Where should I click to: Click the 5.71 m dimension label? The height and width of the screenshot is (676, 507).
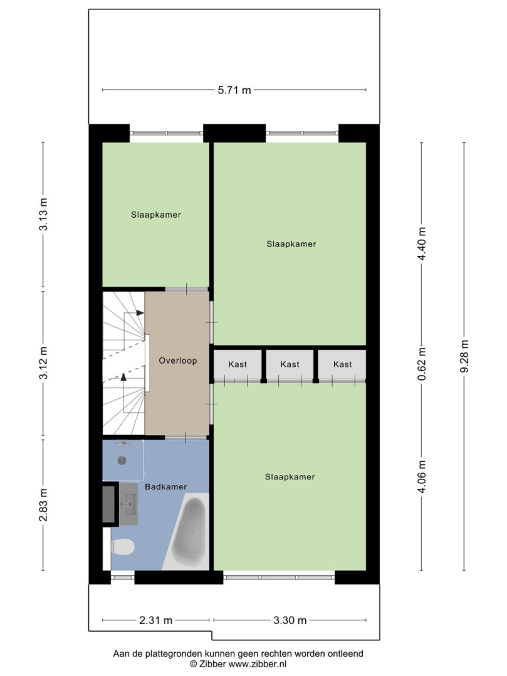pos(234,90)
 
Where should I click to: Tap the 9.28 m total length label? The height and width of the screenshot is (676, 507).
pos(464,356)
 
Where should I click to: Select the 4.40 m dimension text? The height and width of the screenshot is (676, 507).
pos(422,243)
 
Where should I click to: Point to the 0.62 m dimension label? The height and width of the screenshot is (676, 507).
pos(422,364)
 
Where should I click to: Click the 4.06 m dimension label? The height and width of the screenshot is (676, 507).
pos(422,476)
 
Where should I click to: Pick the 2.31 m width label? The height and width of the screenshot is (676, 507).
pos(155,620)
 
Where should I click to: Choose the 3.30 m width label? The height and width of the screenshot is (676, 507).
pos(290,620)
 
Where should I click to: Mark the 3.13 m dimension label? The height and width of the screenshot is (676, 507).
pos(44,214)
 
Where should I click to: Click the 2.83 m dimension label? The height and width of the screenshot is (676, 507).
pos(44,505)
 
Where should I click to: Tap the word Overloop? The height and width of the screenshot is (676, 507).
pos(178,361)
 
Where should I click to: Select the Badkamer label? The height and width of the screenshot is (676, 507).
pos(165,487)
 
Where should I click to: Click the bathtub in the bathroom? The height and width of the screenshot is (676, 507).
pos(191,533)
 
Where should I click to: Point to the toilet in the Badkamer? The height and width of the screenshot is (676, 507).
pos(123,547)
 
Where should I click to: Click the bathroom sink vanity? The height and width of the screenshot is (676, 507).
pos(129,503)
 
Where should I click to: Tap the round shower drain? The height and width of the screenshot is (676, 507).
pos(122,460)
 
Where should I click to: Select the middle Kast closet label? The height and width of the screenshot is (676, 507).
pos(290,364)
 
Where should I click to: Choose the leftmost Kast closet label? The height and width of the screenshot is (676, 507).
pos(238,364)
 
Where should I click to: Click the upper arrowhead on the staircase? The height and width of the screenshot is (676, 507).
pos(140,312)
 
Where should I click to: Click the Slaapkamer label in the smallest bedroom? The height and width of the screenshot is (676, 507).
pos(156,215)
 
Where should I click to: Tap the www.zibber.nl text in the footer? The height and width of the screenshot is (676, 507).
pos(257,664)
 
